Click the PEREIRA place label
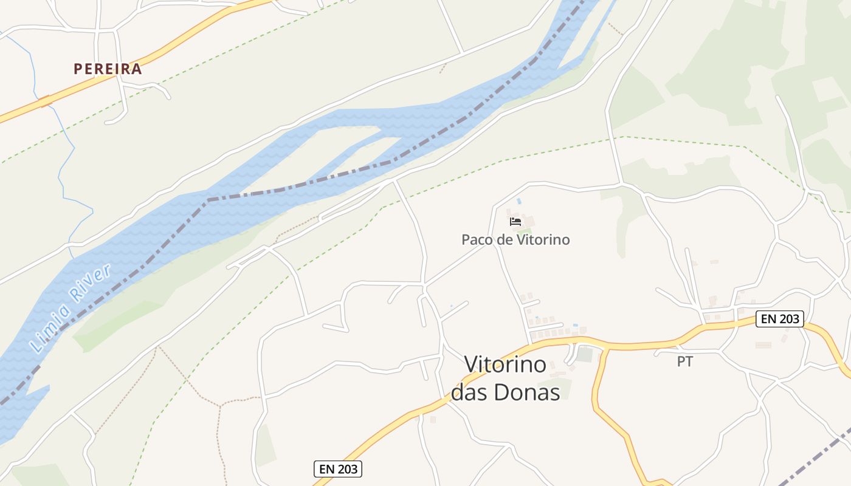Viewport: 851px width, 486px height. [x=108, y=69]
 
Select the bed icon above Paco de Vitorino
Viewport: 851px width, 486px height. [x=515, y=222]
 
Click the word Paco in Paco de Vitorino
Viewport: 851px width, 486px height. [x=476, y=239]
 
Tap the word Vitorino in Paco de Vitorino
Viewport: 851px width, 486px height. [x=543, y=239]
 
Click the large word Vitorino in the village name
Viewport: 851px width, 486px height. [x=505, y=364]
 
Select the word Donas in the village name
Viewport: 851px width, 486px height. [x=527, y=392]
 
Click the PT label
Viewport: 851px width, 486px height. [x=685, y=361]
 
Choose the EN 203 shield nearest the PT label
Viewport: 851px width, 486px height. [x=780, y=319]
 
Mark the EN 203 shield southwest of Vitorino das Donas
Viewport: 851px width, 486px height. [x=338, y=469]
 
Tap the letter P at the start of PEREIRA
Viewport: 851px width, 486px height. [x=78, y=69]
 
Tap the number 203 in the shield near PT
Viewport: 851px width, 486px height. [x=789, y=319]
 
